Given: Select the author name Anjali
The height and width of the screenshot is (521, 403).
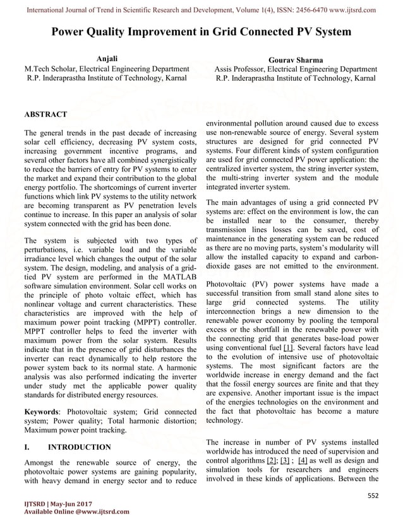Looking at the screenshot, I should (106, 59).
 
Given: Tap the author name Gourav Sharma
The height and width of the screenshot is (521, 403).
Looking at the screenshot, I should (296, 60).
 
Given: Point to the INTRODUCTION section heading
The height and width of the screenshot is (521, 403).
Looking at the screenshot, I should (80, 447).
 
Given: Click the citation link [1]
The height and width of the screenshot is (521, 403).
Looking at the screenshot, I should (288, 348).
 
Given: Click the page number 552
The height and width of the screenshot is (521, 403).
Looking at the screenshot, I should (373, 497).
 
